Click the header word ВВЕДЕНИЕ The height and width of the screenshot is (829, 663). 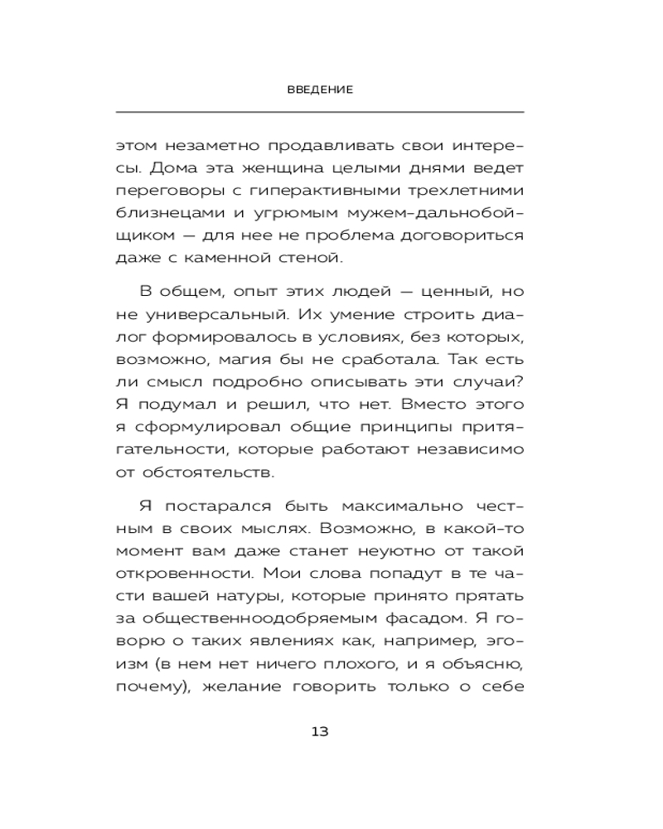[x=319, y=90]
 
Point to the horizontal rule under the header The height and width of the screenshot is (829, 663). [x=319, y=112]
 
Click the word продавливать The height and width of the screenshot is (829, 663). [x=333, y=146]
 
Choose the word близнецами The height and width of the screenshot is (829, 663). [x=166, y=214]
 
